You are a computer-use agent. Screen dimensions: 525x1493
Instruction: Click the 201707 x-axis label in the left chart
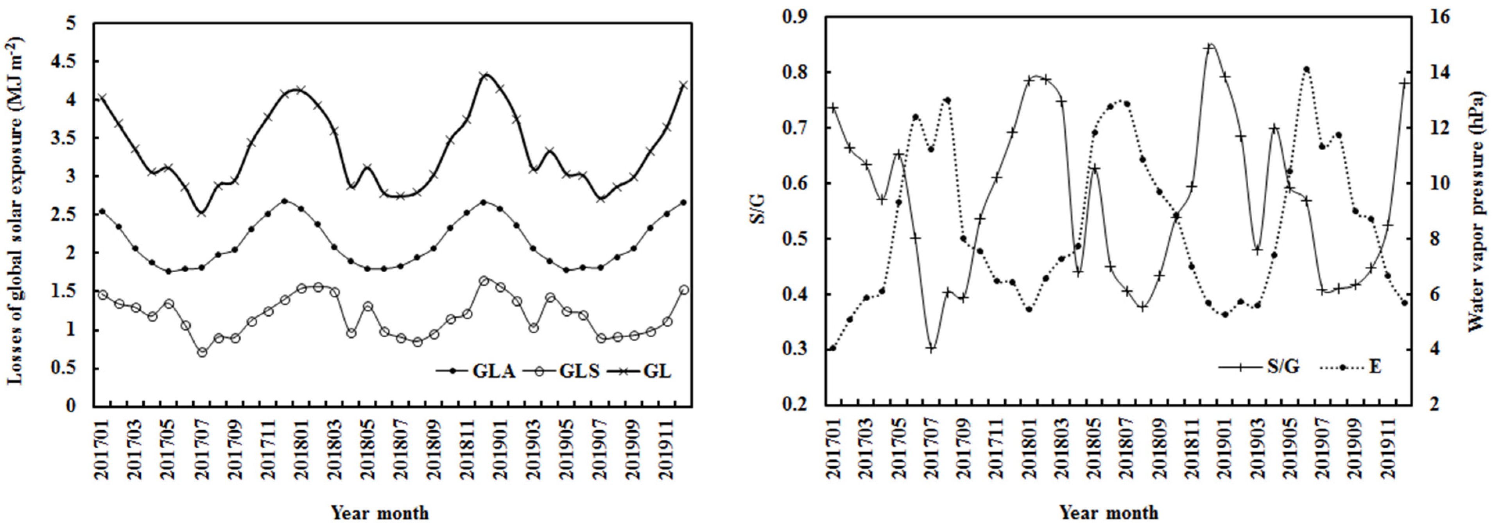(202, 447)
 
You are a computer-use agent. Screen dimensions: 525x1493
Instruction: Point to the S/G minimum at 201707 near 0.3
(931, 349)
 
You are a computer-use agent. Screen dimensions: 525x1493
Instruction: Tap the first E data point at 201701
(833, 349)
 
